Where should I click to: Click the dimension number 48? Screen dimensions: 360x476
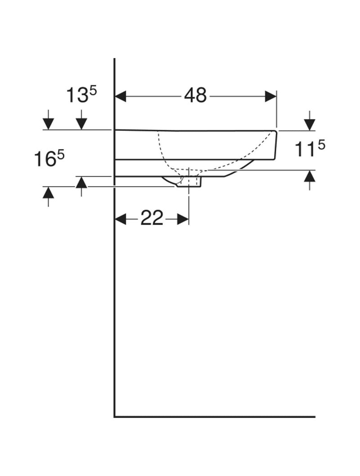pos(195,95)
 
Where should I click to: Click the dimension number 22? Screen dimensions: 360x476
pos(152,218)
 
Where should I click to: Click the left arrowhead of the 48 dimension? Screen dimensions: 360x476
pos(120,96)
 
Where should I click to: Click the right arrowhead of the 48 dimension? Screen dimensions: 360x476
pos(271,96)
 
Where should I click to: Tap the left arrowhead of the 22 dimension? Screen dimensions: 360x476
pos(121,219)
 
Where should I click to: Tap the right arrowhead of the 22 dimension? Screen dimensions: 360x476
pos(183,219)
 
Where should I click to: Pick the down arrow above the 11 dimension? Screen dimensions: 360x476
pos(309,121)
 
